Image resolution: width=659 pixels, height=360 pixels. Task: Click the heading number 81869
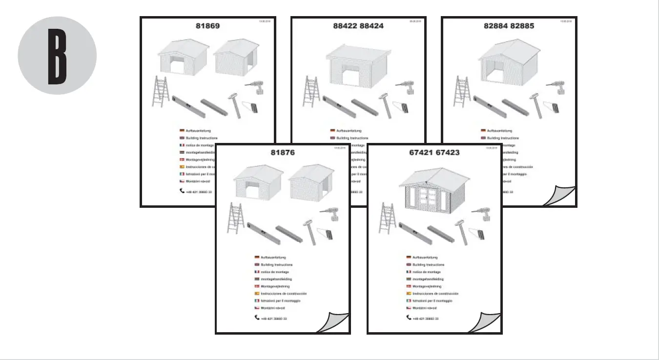pyautogui.click(x=207, y=26)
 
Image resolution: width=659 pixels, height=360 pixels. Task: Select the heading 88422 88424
pyautogui.click(x=358, y=26)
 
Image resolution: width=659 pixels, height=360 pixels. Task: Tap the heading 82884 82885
pyautogui.click(x=509, y=26)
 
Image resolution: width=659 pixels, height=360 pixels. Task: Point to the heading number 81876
pyautogui.click(x=283, y=153)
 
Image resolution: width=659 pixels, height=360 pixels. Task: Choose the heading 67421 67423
pyautogui.click(x=434, y=153)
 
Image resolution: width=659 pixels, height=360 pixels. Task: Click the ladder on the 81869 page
pyautogui.click(x=159, y=92)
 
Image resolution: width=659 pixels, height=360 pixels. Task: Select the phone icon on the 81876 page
pyautogui.click(x=257, y=318)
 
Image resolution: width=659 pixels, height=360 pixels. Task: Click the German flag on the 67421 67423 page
pyautogui.click(x=409, y=257)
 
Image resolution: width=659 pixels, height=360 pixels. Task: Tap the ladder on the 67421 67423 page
pyautogui.click(x=387, y=218)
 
